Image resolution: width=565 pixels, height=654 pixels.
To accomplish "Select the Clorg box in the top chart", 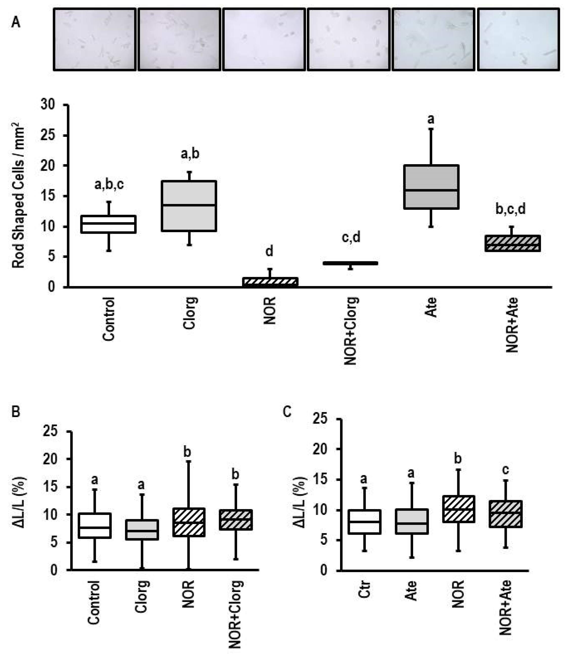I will point(189,206).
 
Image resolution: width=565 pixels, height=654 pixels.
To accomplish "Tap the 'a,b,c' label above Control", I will point(109,185).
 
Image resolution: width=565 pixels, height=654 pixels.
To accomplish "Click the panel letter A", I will point(15,23).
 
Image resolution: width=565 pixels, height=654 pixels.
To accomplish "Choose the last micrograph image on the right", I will point(518,39).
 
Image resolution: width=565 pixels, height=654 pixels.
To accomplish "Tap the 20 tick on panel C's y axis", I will point(322,449).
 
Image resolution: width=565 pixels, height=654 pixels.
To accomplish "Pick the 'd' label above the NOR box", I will point(269,252).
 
